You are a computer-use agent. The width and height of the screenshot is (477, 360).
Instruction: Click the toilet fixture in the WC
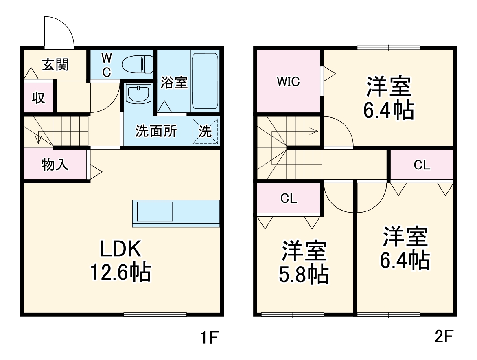(138, 64)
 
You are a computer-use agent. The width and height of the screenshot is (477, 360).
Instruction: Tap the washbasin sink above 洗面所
(138, 94)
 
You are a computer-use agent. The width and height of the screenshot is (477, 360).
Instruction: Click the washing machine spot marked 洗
(206, 131)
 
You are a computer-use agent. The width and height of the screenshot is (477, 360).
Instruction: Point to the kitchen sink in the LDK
(155, 212)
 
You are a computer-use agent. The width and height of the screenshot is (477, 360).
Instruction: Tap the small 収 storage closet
(39, 98)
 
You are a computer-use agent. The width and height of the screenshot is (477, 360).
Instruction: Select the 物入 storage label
(55, 165)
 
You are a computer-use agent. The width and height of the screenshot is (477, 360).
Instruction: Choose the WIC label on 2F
(288, 81)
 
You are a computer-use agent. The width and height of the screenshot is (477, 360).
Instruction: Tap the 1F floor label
(210, 338)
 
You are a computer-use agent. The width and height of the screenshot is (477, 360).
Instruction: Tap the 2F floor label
(444, 338)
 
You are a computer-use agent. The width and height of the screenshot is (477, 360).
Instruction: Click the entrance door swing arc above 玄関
(59, 31)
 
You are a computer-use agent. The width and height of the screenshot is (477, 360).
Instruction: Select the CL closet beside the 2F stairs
(289, 198)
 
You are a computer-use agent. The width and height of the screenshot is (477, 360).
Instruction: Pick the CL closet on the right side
(422, 165)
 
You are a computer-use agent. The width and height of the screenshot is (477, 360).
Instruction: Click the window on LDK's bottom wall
(155, 314)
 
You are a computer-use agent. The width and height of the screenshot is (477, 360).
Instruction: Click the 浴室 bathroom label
(174, 83)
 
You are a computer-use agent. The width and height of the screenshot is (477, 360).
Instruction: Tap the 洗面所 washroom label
(156, 132)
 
